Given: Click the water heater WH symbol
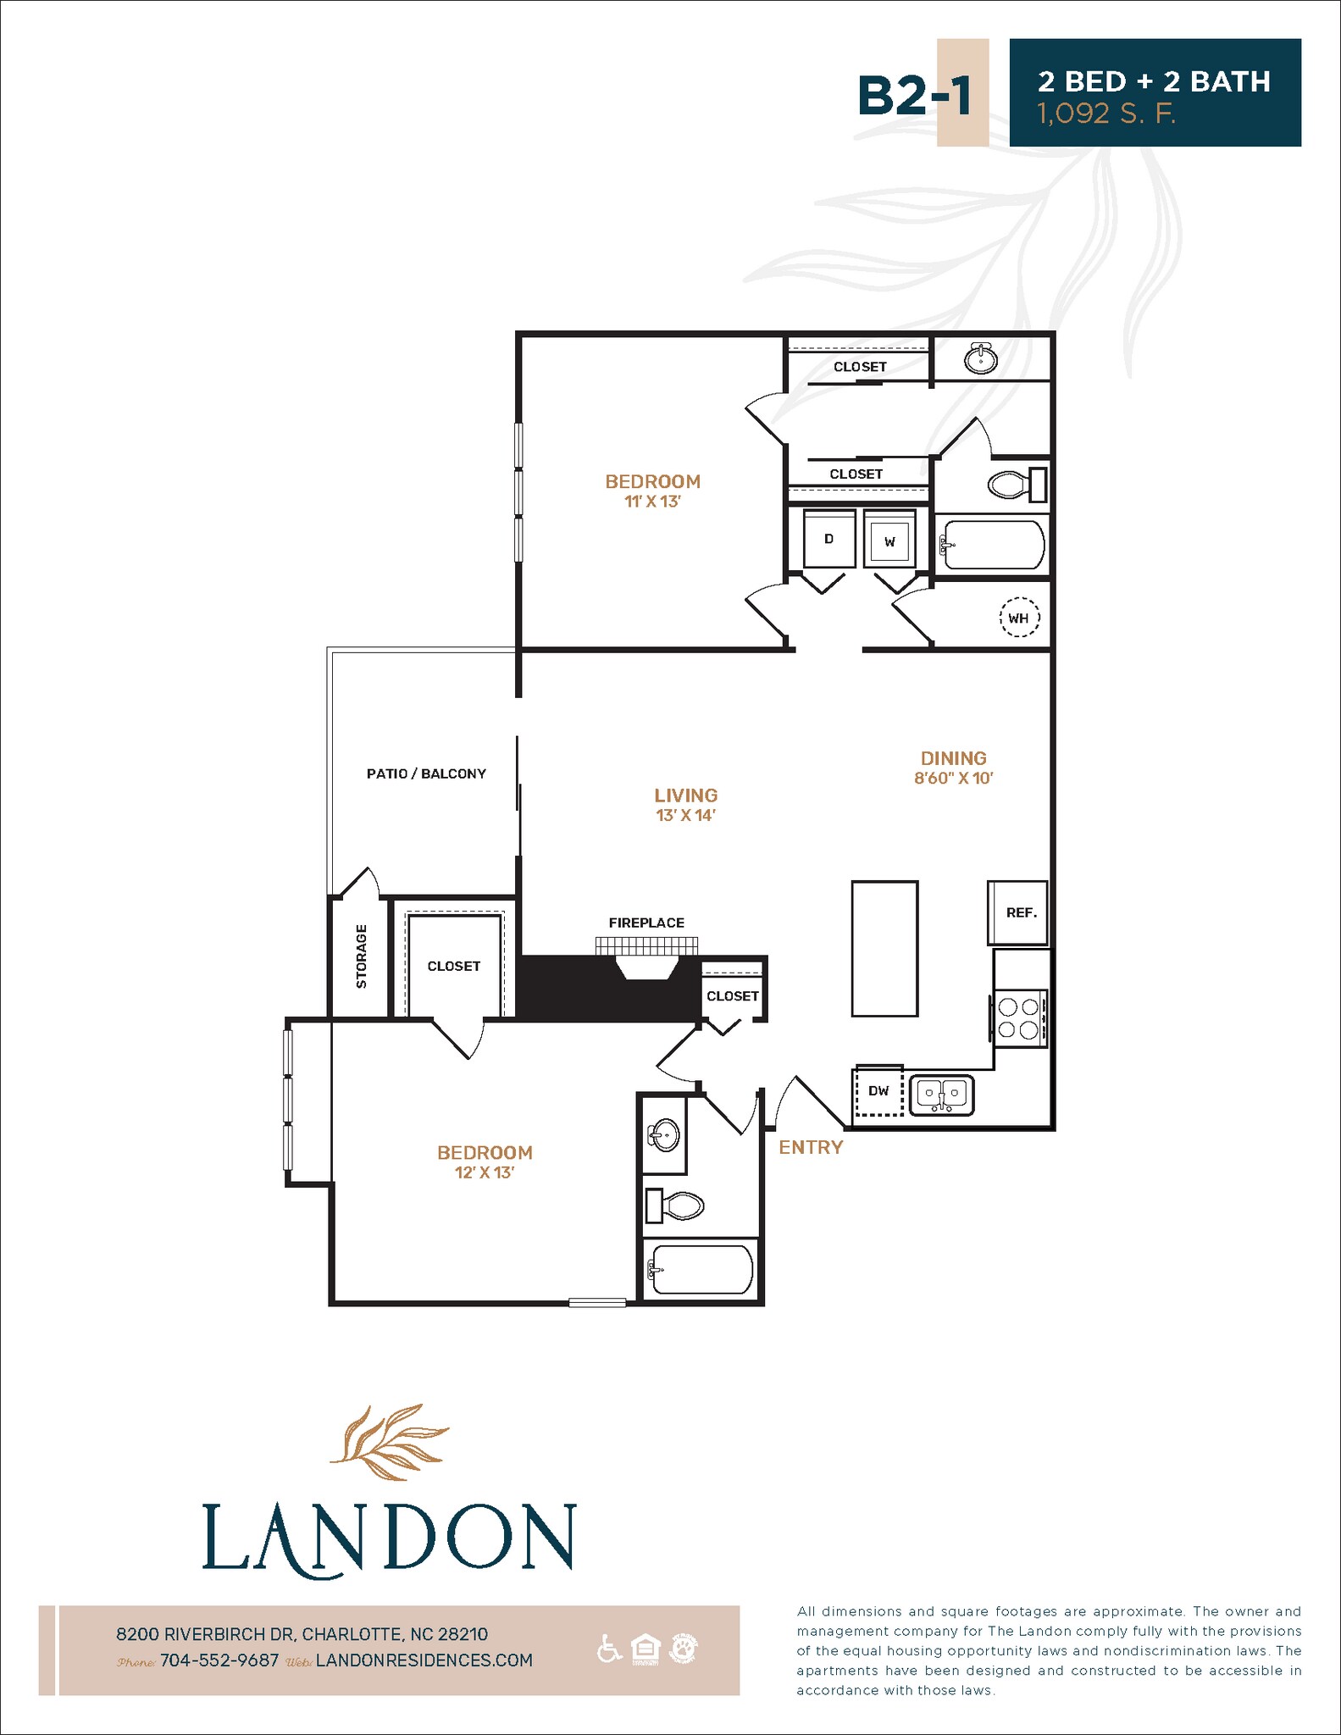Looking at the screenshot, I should point(1018,618).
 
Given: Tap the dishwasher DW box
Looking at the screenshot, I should point(878,1091).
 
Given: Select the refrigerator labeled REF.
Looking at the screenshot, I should point(1018,912).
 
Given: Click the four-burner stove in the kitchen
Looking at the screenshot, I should point(1019,1018).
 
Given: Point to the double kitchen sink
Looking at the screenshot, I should point(942,1095).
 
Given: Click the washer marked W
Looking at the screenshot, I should point(889,540).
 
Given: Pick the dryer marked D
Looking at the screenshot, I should point(828,539).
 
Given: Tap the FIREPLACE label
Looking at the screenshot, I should point(646,923).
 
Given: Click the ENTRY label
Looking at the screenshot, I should point(811,1147).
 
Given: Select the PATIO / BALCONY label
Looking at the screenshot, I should point(426,773).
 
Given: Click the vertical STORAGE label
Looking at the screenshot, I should point(362,956).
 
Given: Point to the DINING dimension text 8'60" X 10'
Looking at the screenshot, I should point(953,778).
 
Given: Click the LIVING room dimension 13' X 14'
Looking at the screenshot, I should point(685,815).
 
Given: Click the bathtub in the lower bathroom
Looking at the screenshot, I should point(699,1268).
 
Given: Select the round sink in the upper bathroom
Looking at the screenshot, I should point(981,359).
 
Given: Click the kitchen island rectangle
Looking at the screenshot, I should point(884,948).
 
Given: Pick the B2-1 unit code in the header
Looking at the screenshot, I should point(915,94).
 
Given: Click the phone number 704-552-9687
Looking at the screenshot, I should point(219,1660).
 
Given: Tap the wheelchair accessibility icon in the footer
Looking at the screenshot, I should point(608,1649).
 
